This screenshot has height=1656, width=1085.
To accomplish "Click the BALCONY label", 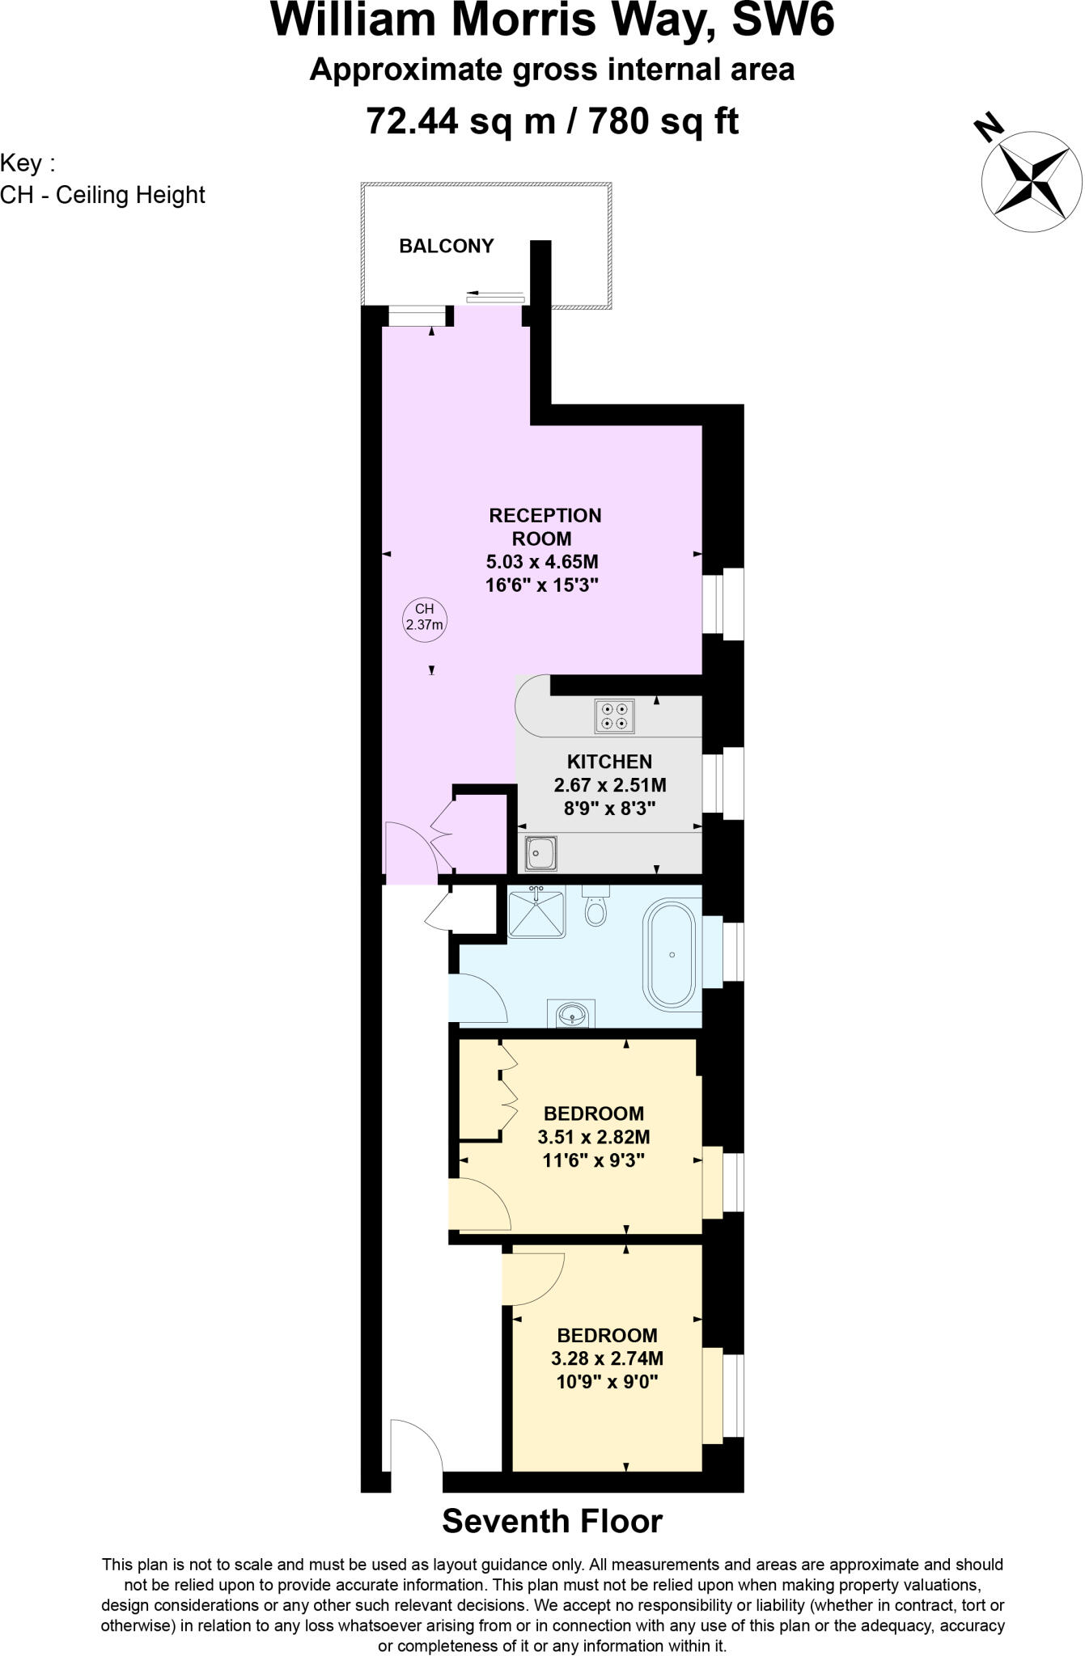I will (x=446, y=246).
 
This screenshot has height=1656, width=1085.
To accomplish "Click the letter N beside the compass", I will (x=988, y=128).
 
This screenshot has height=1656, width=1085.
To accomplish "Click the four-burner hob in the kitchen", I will (x=614, y=716).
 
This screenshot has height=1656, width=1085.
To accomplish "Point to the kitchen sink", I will (x=540, y=853).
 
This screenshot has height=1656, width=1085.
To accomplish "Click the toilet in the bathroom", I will (x=595, y=907).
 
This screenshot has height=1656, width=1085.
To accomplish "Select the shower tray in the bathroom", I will (x=536, y=912).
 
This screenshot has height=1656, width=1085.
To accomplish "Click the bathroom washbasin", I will (x=574, y=1013).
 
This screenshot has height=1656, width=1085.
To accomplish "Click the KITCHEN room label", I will (x=609, y=762).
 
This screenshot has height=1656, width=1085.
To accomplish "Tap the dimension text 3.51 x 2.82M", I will (x=594, y=1138).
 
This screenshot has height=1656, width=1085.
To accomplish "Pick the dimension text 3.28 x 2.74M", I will (x=607, y=1358).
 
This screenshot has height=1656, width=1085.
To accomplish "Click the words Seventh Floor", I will (x=552, y=1521).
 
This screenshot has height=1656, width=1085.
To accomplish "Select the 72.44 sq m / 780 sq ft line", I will (x=552, y=121).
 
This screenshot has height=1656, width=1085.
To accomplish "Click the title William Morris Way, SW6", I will (x=552, y=21).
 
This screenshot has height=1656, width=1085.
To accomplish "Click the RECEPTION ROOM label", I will (x=545, y=526).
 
